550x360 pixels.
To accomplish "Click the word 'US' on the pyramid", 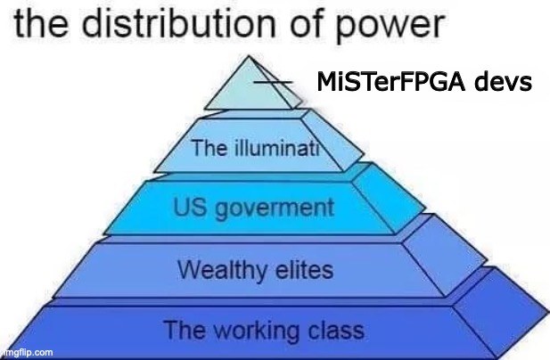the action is pos(190,209).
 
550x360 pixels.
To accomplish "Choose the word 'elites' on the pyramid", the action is pos(304,268).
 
